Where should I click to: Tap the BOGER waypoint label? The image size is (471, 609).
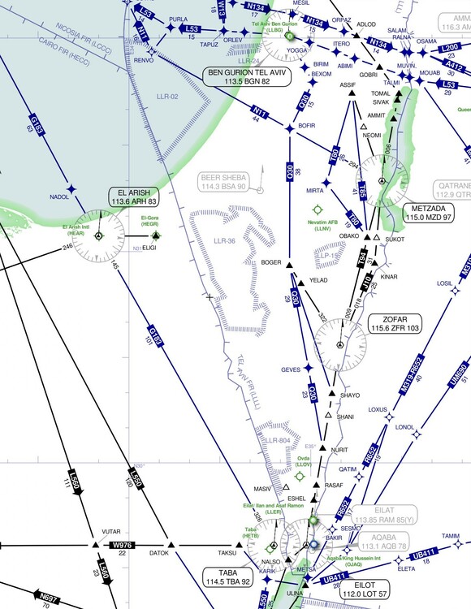tap(270, 262)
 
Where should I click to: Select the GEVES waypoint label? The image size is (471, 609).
tap(291, 369)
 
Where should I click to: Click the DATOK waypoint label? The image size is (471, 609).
tap(159, 555)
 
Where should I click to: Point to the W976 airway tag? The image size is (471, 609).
tap(123, 545)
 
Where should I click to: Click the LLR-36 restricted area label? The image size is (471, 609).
tap(224, 240)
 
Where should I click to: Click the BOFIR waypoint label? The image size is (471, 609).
tap(307, 126)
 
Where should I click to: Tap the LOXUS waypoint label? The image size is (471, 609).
tap(378, 409)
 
